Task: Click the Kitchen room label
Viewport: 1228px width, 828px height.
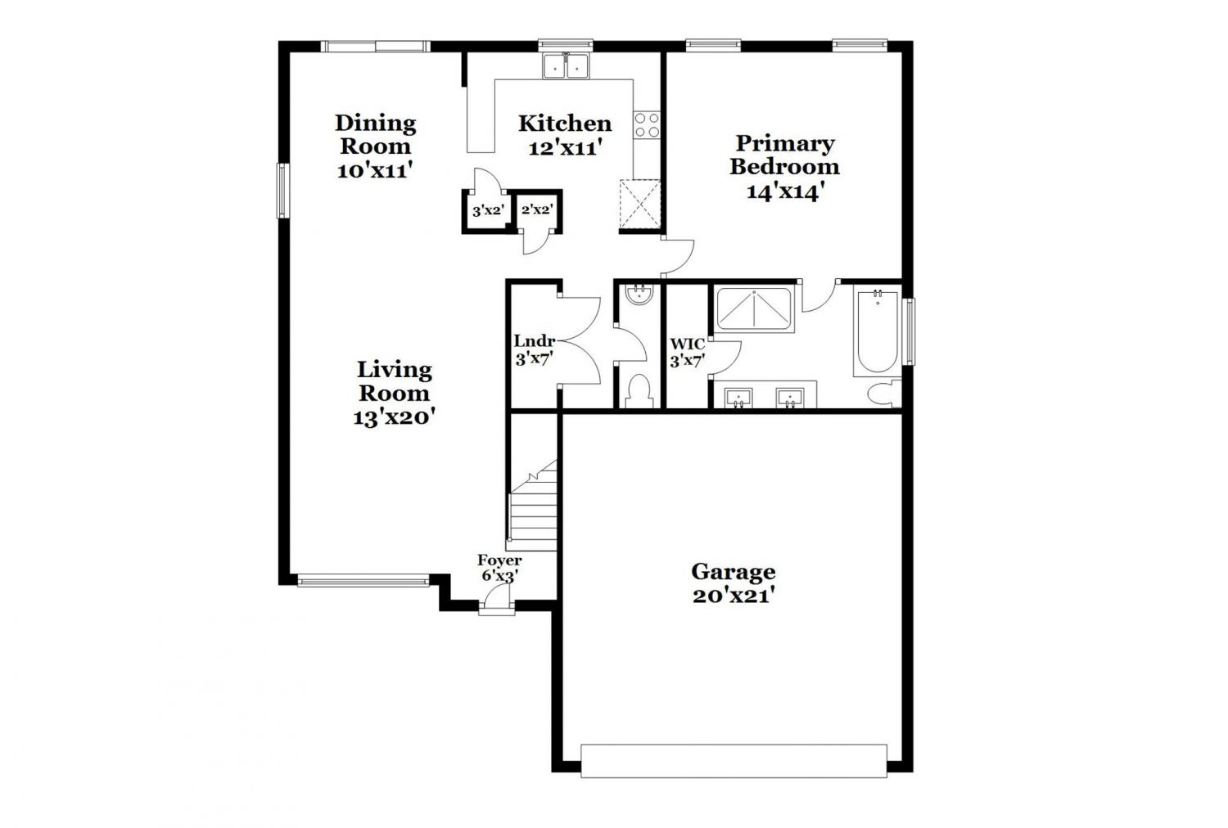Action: [x=565, y=124]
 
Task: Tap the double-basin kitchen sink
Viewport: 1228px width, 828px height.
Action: [x=565, y=66]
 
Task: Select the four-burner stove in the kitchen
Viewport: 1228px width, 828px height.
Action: [x=647, y=125]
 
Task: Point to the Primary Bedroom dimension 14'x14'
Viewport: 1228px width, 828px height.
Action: [x=786, y=191]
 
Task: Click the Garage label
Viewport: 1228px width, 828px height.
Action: [x=733, y=572]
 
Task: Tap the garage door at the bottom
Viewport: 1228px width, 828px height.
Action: [x=734, y=761]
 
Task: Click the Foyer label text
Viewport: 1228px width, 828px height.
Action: [x=499, y=560]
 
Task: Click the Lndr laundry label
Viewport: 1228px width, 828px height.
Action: [x=535, y=341]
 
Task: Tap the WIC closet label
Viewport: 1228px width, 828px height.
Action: [x=688, y=344]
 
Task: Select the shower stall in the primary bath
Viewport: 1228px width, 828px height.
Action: [x=754, y=309]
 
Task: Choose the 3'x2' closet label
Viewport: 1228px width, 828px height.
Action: [x=488, y=210]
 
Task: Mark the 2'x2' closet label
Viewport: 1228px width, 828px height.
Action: [x=537, y=209]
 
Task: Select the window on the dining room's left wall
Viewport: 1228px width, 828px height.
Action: [x=282, y=191]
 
